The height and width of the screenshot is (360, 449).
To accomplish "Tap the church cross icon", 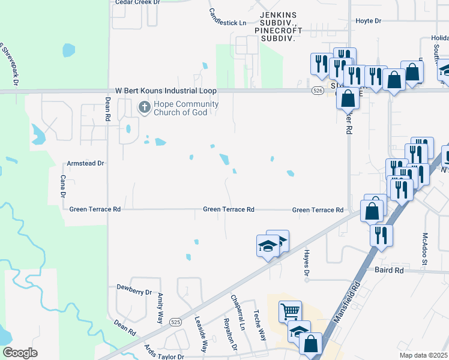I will pos(144,108).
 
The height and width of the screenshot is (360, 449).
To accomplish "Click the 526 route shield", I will pos(318,91).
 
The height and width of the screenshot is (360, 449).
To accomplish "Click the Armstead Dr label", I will pos(85,163).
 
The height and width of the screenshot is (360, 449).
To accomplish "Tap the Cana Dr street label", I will pos(62,186).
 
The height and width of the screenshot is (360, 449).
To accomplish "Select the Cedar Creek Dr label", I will pos(138,2).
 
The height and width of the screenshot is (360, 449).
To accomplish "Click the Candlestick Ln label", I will pos(228,17).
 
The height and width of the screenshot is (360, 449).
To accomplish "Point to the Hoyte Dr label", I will pos(369,21).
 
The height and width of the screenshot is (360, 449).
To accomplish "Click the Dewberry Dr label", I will pos(134,292).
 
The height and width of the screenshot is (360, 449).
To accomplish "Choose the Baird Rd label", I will pos(390,271).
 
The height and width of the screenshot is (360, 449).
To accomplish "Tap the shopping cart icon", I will pos(290,311).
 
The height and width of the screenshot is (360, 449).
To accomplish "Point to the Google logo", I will pos(20,353).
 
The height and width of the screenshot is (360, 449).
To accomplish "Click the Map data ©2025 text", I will pos(424,355).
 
